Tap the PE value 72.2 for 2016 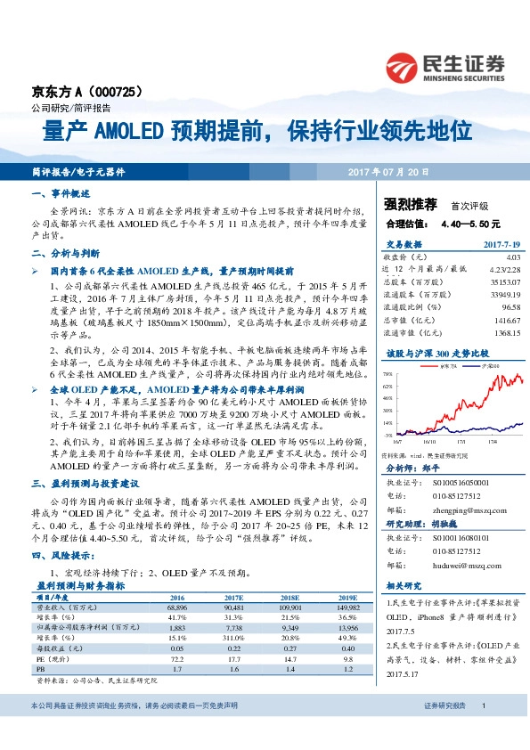click(x=176, y=656)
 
